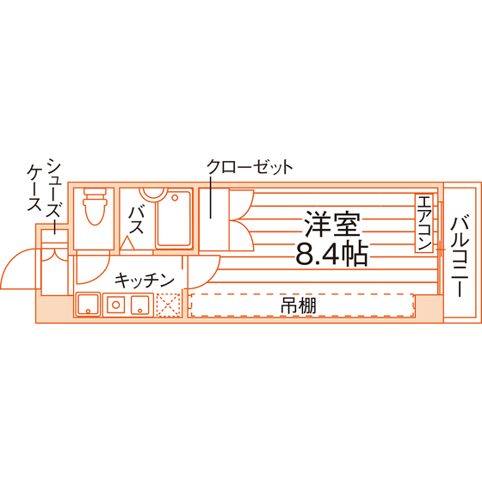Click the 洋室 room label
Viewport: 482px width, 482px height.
click(x=331, y=224)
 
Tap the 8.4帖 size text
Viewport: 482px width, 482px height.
click(x=331, y=254)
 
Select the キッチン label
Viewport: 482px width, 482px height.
click(x=145, y=280)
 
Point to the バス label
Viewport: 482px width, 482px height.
click(x=136, y=220)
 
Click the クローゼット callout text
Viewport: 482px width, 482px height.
click(x=250, y=167)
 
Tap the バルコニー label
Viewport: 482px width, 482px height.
click(x=460, y=256)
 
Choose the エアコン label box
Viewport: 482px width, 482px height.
click(x=423, y=223)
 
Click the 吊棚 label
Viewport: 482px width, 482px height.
click(x=298, y=306)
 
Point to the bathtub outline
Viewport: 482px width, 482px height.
click(x=174, y=219)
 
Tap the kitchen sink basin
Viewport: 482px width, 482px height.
click(x=88, y=305)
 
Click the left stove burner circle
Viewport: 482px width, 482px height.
click(x=116, y=305)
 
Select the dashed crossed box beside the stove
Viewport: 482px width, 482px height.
click(x=168, y=305)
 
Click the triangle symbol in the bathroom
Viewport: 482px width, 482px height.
click(x=127, y=243)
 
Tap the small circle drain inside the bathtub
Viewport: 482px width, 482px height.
click(x=175, y=198)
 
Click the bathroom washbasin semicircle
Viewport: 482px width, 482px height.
click(x=151, y=195)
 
